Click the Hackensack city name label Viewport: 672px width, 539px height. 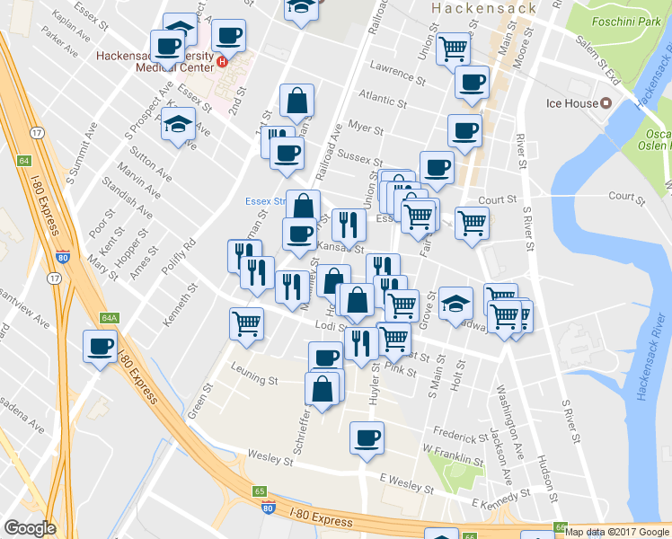[482, 8]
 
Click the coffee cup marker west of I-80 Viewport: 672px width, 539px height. [101, 346]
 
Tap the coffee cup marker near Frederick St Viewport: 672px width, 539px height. [366, 438]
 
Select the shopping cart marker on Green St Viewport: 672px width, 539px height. [247, 323]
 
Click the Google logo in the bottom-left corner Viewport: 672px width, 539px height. [30, 528]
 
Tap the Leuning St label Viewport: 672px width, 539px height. [254, 380]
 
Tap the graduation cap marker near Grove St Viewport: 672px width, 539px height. [455, 304]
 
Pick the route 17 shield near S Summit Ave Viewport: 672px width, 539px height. [37, 132]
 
